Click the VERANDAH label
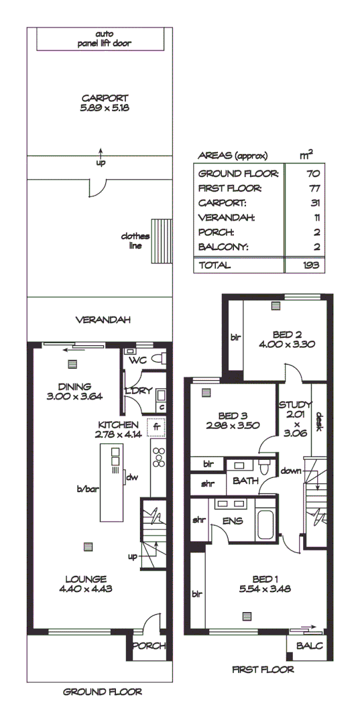[102, 320]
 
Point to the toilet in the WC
[158, 357]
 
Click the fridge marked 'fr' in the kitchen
[157, 426]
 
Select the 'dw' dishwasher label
[131, 477]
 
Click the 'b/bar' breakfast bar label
[88, 489]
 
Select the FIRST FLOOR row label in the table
[229, 188]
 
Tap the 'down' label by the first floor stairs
[291, 471]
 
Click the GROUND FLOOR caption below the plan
[102, 692]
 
